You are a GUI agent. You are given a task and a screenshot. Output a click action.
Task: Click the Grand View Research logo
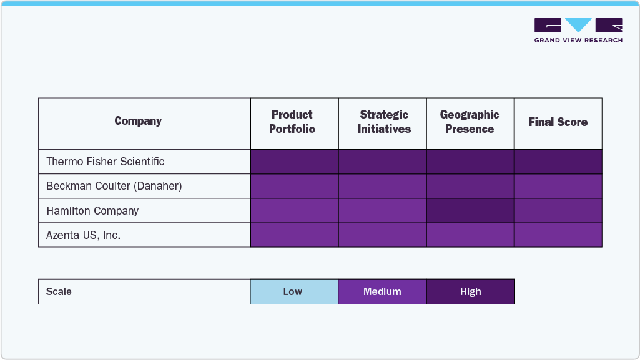[x=578, y=30]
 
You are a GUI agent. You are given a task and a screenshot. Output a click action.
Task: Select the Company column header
[x=138, y=121]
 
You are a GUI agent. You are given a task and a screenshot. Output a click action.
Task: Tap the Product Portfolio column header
[x=292, y=122]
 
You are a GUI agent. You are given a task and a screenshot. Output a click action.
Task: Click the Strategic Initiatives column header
[x=384, y=122]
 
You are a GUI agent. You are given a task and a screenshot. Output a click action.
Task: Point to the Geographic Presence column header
[x=470, y=122]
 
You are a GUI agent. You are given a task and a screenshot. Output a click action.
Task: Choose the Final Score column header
[x=558, y=122]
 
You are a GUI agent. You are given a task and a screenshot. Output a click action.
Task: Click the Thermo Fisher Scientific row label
[x=106, y=162]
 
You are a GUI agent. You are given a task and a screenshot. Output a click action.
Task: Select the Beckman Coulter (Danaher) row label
[x=114, y=186]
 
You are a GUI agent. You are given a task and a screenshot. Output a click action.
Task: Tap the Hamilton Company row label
[x=92, y=211]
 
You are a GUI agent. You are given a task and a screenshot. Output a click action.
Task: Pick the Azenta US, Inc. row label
[x=84, y=235]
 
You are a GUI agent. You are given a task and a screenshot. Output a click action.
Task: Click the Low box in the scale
[x=293, y=291]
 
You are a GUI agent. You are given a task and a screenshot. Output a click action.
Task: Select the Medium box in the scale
[x=382, y=291]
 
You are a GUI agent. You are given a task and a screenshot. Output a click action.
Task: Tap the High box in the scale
[x=470, y=291]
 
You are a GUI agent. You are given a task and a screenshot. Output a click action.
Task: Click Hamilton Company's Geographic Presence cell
[x=470, y=211]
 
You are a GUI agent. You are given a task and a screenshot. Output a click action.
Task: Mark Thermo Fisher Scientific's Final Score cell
[x=558, y=162]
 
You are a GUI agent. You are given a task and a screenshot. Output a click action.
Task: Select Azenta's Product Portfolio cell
[x=294, y=235]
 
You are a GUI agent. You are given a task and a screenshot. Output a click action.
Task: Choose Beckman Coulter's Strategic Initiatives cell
[x=382, y=186]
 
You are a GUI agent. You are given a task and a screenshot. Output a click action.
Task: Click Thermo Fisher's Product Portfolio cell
[x=294, y=162]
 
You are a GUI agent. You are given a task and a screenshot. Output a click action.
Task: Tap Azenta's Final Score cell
[x=558, y=235]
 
